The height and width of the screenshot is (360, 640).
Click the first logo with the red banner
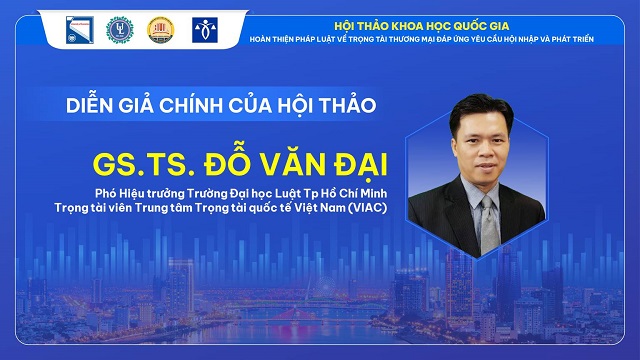(x=80, y=30)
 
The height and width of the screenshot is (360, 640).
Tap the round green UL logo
(x=120, y=30)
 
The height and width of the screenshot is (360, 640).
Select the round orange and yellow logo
(x=160, y=30)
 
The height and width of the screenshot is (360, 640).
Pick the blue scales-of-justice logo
(x=205, y=30)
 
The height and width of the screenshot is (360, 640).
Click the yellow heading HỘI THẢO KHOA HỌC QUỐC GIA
(x=422, y=26)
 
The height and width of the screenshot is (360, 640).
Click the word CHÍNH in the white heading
(x=191, y=104)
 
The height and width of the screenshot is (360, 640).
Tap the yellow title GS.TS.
(x=144, y=165)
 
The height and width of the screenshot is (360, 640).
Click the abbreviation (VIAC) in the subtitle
(x=367, y=208)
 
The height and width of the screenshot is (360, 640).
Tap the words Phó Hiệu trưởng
(x=140, y=193)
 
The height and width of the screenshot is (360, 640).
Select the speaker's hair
(x=481, y=111)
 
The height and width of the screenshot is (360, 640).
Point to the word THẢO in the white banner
(x=347, y=104)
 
